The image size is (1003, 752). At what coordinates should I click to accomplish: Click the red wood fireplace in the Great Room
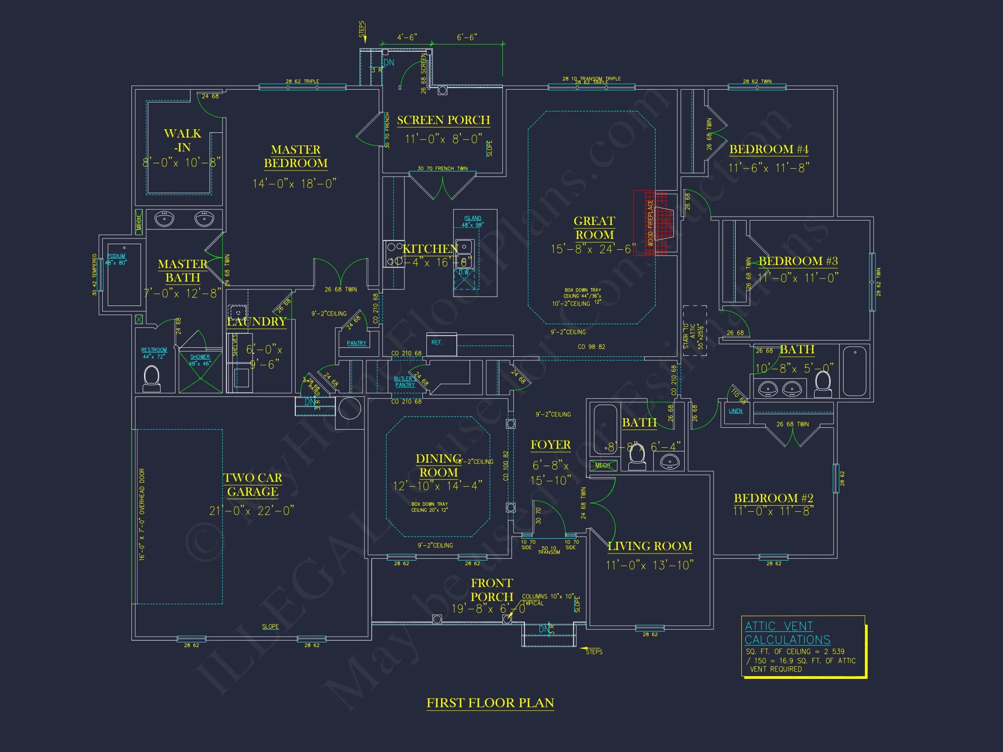click(x=650, y=222)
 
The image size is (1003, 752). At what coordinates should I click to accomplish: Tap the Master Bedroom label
click(x=296, y=156)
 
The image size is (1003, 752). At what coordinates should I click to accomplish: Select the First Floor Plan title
click(x=490, y=702)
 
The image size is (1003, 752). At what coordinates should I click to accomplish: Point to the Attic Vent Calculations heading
click(x=787, y=633)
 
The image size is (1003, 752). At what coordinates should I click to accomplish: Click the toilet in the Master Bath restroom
click(x=151, y=379)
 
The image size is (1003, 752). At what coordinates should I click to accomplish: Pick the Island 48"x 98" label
click(x=472, y=221)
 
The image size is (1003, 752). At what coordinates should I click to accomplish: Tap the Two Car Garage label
click(x=252, y=484)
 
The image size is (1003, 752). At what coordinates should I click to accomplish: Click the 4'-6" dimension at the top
click(x=407, y=37)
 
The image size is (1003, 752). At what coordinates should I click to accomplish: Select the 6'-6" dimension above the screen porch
click(x=467, y=37)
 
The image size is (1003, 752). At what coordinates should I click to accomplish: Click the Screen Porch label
click(x=444, y=120)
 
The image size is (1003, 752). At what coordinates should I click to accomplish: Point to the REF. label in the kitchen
click(x=437, y=342)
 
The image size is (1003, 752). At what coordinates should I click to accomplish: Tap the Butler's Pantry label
click(x=405, y=382)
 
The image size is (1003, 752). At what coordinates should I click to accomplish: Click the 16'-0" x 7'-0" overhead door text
click(x=142, y=514)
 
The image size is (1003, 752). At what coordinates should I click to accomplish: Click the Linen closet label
click(x=735, y=411)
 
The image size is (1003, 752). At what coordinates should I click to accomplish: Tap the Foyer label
click(x=550, y=445)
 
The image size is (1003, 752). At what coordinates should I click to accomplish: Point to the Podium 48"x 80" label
click(x=117, y=259)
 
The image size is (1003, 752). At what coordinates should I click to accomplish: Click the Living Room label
click(x=650, y=546)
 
